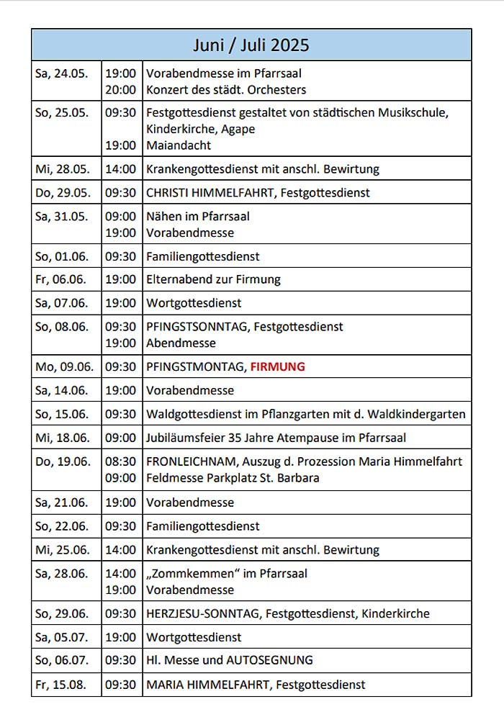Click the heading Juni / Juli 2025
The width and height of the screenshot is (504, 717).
[x=251, y=45]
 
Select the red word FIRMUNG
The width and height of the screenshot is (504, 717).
[x=277, y=366]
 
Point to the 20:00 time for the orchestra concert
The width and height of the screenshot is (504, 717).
[x=120, y=90]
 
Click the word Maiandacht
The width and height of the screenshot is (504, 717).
[x=179, y=145]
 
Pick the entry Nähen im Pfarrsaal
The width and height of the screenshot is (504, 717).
[x=198, y=216]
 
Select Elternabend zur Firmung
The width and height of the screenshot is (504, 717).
[x=213, y=279]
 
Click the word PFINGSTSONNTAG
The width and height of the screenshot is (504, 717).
[x=197, y=326]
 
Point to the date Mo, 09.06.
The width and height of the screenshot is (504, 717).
[x=64, y=366]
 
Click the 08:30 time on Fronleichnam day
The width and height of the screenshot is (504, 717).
[x=120, y=461]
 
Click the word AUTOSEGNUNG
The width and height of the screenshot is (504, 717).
[x=269, y=660]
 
